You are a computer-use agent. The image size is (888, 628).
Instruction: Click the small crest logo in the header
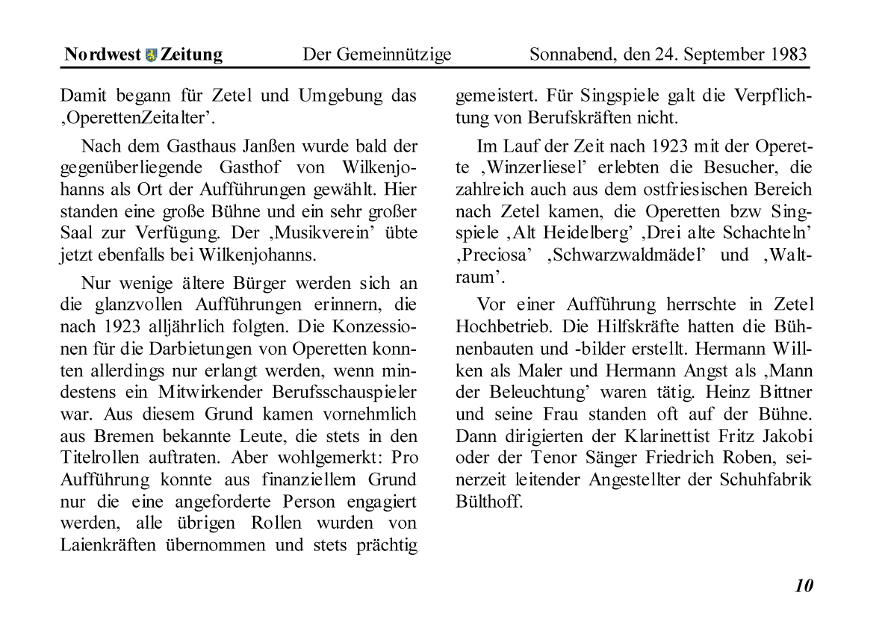(152, 55)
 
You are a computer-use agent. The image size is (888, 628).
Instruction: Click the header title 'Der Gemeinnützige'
(376, 55)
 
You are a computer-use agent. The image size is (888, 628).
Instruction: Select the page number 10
(804, 585)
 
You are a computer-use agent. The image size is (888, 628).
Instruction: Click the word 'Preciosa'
(495, 255)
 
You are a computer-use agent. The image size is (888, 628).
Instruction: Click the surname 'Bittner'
(784, 393)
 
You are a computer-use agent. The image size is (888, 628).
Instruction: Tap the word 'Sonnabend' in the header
(568, 55)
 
